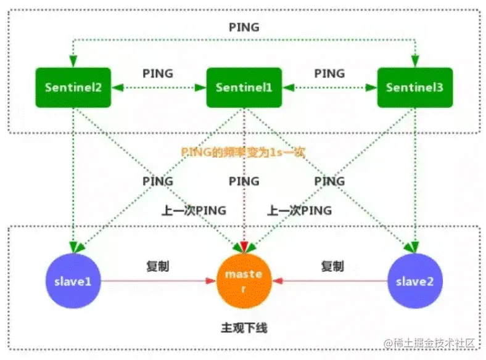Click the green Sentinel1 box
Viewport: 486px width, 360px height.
244,87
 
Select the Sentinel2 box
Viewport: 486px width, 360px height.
73,87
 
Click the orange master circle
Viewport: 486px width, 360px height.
244,280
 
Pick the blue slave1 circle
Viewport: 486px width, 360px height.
73,281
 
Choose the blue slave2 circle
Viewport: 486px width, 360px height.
414,281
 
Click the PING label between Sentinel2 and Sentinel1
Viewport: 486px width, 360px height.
158,73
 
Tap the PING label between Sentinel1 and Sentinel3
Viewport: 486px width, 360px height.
329,73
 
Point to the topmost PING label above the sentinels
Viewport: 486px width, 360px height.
244,27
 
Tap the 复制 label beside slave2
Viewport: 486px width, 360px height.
332,266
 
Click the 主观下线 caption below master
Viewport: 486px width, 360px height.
244,327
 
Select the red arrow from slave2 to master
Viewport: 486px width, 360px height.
333,281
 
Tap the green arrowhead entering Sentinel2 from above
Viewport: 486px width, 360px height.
73,62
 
